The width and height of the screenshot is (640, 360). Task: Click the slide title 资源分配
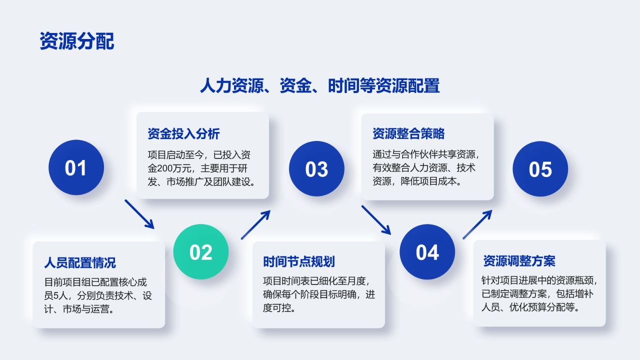pos(76,41)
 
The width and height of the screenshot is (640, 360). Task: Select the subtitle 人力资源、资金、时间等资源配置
pos(319,85)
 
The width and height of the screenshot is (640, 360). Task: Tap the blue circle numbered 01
pos(76,167)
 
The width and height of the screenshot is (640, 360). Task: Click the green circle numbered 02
pos(201,252)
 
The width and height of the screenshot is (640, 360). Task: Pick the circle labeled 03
pos(316,169)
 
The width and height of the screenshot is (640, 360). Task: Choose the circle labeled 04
pos(427,252)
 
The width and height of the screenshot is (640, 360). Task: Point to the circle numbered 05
pos(540,169)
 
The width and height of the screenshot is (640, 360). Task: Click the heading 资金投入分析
pos(183,133)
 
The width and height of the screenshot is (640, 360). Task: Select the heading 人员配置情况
pos(80,262)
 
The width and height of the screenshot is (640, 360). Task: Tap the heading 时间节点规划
pos(299,261)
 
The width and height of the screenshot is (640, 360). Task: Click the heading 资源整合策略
pos(408,133)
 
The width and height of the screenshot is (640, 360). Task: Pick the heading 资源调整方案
pos(519,260)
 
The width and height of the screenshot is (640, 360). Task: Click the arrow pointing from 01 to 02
pos(139,214)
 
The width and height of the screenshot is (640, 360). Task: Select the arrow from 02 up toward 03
pos(255,224)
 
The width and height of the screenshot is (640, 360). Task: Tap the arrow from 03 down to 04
pos(376,219)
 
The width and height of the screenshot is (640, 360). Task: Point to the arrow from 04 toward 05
pos(477,224)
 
